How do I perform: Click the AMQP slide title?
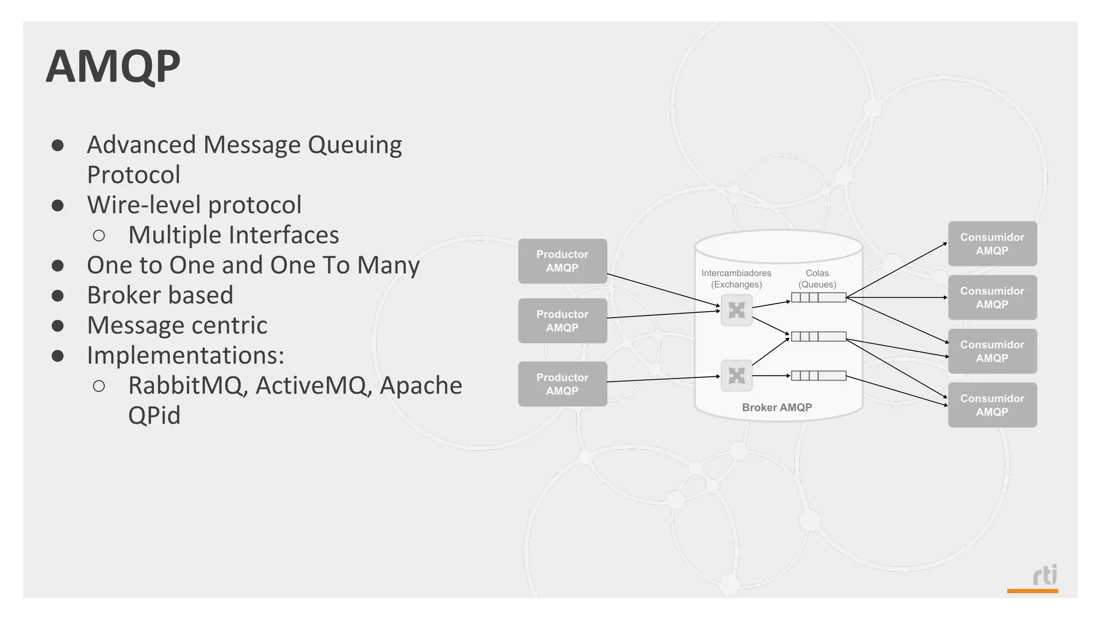click(x=113, y=67)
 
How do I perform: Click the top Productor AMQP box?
click(x=562, y=261)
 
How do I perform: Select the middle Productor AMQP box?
click(x=562, y=321)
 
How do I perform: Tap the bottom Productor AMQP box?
click(x=562, y=384)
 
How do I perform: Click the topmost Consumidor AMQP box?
click(x=992, y=244)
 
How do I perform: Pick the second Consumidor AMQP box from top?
click(x=992, y=298)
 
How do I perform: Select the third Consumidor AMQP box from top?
click(x=992, y=351)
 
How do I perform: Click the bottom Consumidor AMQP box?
click(x=992, y=405)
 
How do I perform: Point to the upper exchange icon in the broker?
click(x=737, y=310)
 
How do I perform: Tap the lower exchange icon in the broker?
click(x=737, y=375)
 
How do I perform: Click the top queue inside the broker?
click(x=818, y=297)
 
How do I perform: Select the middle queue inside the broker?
click(x=818, y=336)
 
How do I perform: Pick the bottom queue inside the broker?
click(x=818, y=376)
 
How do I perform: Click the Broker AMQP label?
click(x=777, y=407)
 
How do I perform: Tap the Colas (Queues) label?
click(x=817, y=278)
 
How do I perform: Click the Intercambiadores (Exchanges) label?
click(x=737, y=278)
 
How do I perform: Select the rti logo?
click(x=1045, y=576)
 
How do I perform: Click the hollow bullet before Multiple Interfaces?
click(x=99, y=235)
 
